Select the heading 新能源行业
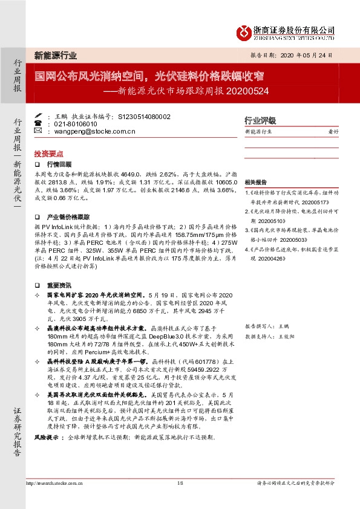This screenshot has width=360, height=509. click(x=56, y=56)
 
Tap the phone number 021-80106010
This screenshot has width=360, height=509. click(x=76, y=123)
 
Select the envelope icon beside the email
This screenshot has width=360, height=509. click(x=38, y=131)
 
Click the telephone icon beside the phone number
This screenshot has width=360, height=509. click(x=38, y=123)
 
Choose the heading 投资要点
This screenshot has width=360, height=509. click(x=49, y=154)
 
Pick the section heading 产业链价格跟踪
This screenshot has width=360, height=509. click(x=68, y=216)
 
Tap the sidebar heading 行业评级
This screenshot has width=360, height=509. click(x=260, y=120)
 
